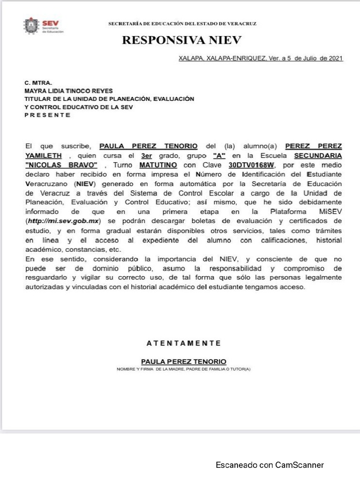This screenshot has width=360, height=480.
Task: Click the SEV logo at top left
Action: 44,26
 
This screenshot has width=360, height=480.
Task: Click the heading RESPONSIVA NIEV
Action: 182,40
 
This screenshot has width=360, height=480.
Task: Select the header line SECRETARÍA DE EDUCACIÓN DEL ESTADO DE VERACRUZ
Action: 182,23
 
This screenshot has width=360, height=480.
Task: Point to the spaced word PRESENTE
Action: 47,115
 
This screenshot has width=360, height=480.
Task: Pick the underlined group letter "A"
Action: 219,155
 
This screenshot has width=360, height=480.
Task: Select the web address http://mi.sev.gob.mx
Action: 65,221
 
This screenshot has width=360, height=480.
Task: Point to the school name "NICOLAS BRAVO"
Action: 61,165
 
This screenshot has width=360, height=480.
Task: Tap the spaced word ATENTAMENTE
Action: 183,343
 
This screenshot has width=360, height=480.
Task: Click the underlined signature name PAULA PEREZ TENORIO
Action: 183,361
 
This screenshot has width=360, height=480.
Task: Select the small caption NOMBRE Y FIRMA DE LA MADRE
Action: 183,369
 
